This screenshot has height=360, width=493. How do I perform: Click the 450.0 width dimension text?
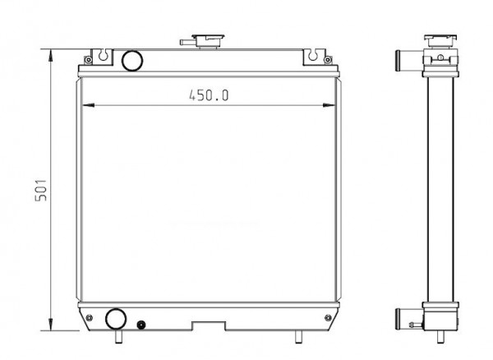[x=209, y=95]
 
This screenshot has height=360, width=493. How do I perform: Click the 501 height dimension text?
[x=41, y=190]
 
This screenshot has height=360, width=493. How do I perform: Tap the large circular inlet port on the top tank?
[x=132, y=60]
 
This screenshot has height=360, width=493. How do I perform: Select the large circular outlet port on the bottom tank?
[x=116, y=319]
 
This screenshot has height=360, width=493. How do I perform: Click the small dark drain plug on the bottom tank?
[x=141, y=325]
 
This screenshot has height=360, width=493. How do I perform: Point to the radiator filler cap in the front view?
[x=208, y=40]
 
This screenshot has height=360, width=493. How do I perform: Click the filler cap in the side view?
[x=440, y=40]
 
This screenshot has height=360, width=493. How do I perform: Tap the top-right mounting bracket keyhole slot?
[x=313, y=55]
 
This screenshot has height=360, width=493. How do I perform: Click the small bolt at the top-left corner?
[x=89, y=59]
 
